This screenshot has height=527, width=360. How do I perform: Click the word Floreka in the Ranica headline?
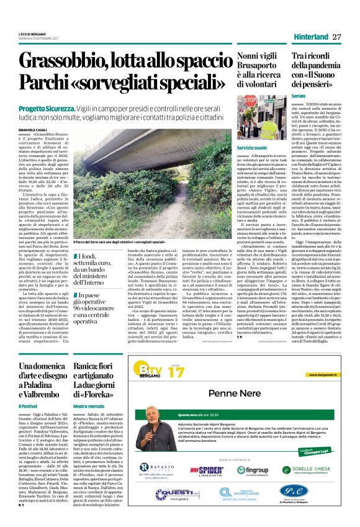pos(105,394)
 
